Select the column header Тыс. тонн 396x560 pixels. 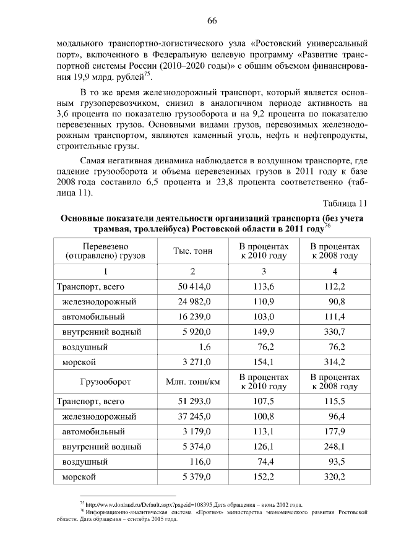click(192, 251)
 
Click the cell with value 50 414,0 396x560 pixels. click(194, 286)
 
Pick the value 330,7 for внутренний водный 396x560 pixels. click(334, 331)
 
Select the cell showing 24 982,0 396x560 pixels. click(194, 301)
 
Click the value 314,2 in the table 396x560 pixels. click(334, 361)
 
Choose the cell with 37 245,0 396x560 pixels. click(194, 416)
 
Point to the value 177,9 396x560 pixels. click(334, 431)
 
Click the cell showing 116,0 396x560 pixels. click(200, 461)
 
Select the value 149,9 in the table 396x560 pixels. click(264, 331)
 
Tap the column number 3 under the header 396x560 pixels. click(264, 272)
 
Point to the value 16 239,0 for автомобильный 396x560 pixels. click(194, 316)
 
